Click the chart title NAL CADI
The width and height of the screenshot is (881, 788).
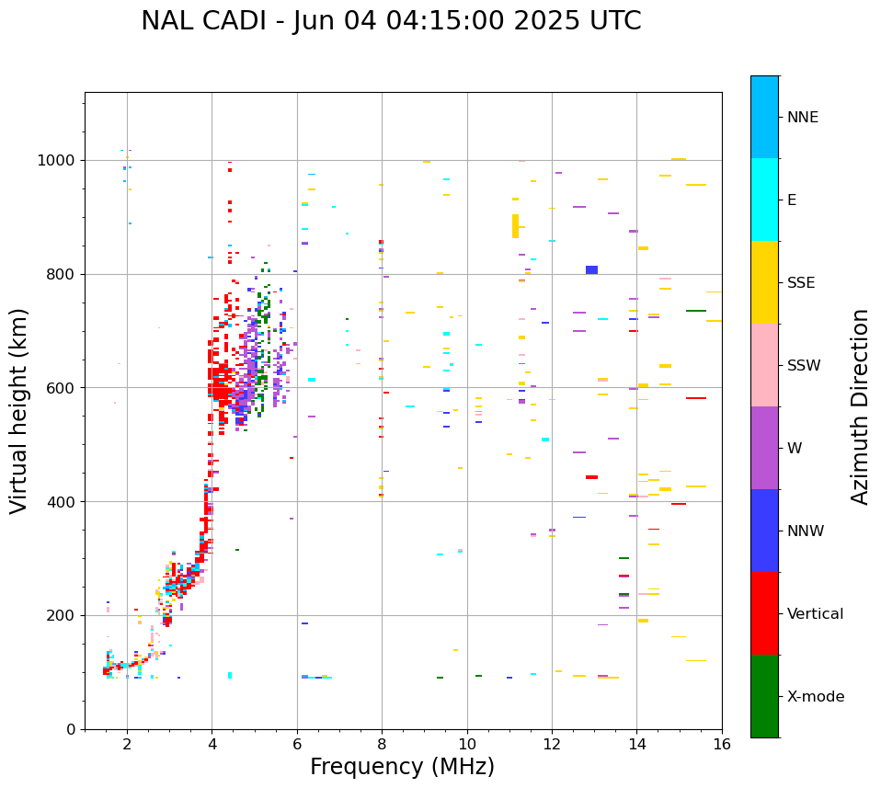pos(391,21)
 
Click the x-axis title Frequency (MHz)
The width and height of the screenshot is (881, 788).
pos(402,767)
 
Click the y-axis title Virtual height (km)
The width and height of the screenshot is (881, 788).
pos(19,411)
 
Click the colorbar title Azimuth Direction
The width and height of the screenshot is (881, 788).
pos(860,406)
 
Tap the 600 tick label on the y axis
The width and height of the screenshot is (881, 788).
pos(60,388)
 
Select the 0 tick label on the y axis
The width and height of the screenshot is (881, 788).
pos(71,729)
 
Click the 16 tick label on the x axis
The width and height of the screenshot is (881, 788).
pos(722,744)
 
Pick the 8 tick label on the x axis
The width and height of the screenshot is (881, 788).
pos(382,744)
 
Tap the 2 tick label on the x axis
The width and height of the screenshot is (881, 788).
pos(127,744)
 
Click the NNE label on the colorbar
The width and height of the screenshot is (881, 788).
pos(802,118)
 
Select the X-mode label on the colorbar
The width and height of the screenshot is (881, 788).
pos(815,697)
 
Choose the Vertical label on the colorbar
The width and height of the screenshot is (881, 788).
pos(815,614)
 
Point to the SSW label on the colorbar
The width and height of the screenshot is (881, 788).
pos(804,366)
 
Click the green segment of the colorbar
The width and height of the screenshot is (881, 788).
pos(764,696)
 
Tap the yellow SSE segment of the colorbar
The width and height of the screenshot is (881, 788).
pos(764,282)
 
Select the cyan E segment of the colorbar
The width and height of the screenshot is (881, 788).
pos(764,200)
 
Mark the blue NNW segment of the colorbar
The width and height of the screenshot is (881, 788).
pos(764,531)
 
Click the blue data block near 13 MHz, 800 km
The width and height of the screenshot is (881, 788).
pos(591,269)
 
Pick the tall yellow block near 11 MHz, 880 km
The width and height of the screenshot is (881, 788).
pos(515,226)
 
